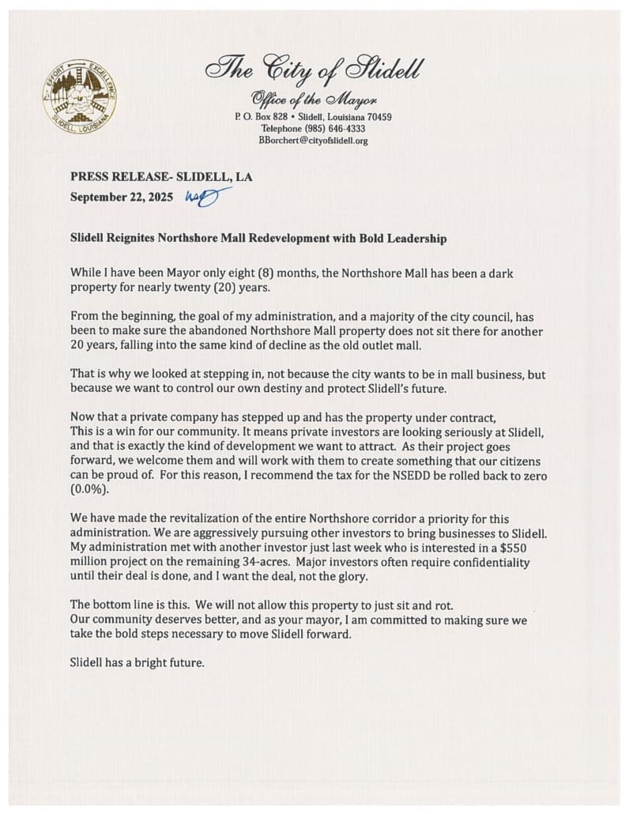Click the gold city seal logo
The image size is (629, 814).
tap(79, 98)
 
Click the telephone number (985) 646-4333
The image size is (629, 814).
tap(314, 129)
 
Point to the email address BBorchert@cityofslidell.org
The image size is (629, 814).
tap(314, 141)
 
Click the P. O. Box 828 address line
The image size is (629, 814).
tap(314, 117)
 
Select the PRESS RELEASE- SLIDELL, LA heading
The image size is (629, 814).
tap(161, 178)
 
